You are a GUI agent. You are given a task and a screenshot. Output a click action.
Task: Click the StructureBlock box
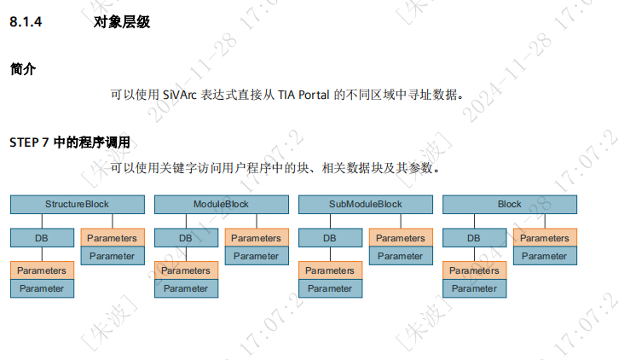point(78,205)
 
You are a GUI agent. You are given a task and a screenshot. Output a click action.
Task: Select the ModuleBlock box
point(221,205)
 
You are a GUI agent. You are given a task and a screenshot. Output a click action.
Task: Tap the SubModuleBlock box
point(365,205)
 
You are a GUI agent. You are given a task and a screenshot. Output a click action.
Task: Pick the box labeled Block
point(509,205)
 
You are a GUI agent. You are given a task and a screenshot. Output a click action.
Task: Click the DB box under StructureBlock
point(42,238)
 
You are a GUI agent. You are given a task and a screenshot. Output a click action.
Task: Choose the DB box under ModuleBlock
point(186,238)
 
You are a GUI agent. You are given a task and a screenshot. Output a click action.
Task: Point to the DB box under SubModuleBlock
point(330,238)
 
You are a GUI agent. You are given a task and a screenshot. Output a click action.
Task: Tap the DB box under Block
point(474,238)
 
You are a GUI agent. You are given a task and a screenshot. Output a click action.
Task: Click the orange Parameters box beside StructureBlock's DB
point(113,238)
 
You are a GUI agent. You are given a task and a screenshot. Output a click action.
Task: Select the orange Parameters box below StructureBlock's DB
point(42,270)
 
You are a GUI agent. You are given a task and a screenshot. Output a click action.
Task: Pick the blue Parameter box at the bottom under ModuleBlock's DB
point(186,288)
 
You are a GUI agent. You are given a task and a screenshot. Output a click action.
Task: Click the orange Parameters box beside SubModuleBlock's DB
point(401,238)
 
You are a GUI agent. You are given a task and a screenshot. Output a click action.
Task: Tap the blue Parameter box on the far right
point(544,256)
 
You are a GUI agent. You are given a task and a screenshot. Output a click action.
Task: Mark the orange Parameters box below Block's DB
point(474,270)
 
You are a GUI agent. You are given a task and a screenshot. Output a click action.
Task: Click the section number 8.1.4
point(26,23)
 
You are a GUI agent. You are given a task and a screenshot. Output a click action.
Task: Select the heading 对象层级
point(122,23)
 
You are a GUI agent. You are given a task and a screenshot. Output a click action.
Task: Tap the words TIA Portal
point(304,94)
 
